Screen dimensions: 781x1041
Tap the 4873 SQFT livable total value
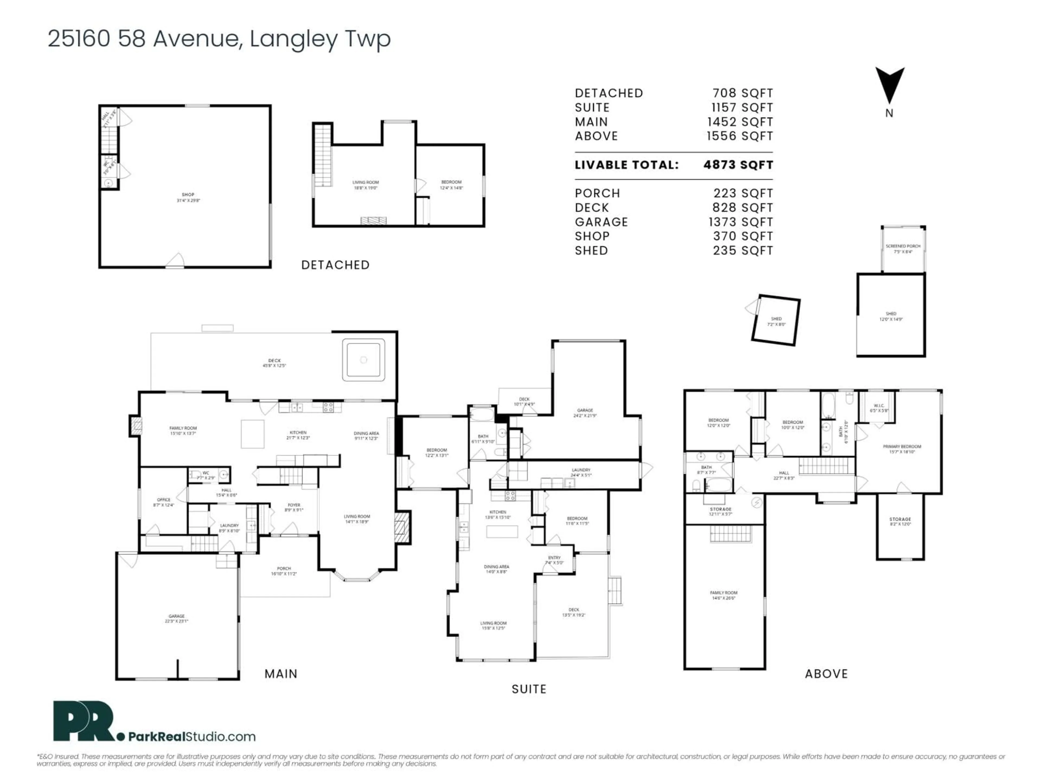[738, 165]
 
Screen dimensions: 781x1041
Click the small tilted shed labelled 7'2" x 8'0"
[776, 321]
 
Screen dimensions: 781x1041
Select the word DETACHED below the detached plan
[335, 265]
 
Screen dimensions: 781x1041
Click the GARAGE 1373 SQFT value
[742, 222]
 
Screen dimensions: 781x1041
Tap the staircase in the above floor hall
[826, 466]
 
